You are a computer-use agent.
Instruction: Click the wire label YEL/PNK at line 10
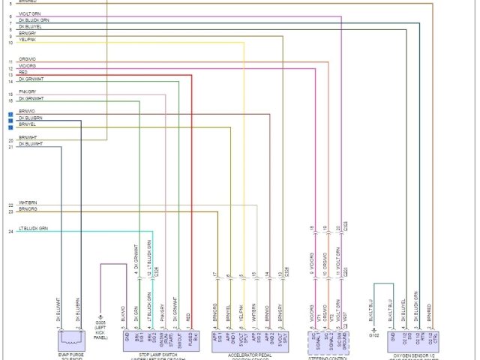pos(28,43)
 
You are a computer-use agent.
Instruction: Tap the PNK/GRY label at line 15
pos(28,91)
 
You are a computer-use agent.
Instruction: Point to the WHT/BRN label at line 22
pos(28,203)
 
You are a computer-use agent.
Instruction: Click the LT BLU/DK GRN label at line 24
pos(33,228)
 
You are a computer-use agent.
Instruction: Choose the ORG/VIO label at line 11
pos(28,58)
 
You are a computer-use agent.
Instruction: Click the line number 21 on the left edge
pos(10,147)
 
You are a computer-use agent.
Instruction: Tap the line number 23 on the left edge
pos(10,211)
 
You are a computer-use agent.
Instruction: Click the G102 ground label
pos(373,334)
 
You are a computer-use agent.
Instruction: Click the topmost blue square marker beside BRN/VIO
pos(10,112)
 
